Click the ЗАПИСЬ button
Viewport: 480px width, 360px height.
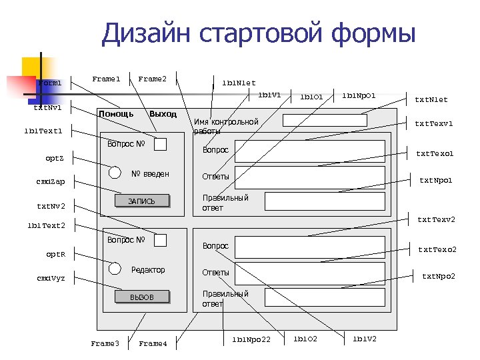[x=141, y=201]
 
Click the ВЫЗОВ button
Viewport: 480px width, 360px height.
[x=141, y=297]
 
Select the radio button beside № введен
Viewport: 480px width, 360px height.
[x=115, y=172]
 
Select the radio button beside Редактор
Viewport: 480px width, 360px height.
[x=115, y=268]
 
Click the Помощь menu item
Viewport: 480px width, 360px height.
[x=116, y=113]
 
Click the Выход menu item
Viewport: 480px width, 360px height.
[x=163, y=113]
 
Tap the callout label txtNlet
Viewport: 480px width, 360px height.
[x=431, y=100]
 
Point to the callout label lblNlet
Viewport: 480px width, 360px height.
[x=239, y=83]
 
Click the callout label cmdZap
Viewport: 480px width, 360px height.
[x=51, y=182]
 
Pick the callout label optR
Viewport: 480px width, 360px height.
[x=55, y=255]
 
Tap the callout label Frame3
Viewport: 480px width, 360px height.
[x=105, y=343]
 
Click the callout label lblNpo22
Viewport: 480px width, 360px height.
[x=251, y=340]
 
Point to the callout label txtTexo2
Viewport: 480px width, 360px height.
[x=437, y=249]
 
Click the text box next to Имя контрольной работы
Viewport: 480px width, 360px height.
[x=325, y=120]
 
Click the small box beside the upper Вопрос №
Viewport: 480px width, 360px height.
[x=160, y=143]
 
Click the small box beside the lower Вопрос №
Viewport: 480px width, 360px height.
[x=160, y=240]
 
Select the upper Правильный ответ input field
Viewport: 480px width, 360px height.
[x=325, y=201]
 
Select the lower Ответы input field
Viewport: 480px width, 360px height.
[x=310, y=273]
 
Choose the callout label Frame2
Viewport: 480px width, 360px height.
[x=152, y=79]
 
